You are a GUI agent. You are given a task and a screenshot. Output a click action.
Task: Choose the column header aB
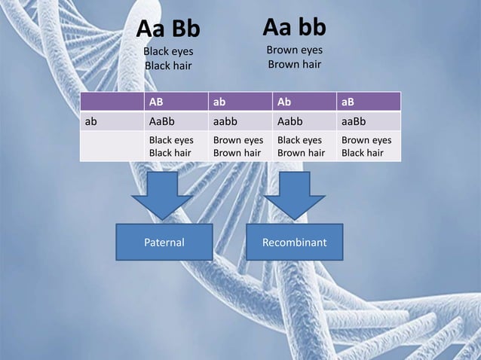[x=349, y=101]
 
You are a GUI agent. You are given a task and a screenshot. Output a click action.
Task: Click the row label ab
[x=91, y=121]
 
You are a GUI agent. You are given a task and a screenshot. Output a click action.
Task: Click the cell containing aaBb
[x=354, y=121]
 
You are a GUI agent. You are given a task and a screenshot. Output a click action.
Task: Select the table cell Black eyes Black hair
[x=171, y=147]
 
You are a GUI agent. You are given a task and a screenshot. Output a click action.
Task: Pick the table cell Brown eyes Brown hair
[x=237, y=147]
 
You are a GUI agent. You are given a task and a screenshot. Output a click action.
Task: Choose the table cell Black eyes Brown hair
[x=302, y=147]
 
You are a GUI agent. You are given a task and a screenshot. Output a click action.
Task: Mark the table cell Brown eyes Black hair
[x=366, y=147]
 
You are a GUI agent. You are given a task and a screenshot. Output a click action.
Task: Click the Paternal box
[x=164, y=243]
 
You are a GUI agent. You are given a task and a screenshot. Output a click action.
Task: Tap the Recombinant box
[x=294, y=243]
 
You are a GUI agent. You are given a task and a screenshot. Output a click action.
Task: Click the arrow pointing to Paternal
[x=164, y=195]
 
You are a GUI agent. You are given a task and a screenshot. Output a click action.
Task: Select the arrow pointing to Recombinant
[x=294, y=195]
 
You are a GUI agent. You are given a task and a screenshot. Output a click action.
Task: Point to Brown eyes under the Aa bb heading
[x=294, y=50]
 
